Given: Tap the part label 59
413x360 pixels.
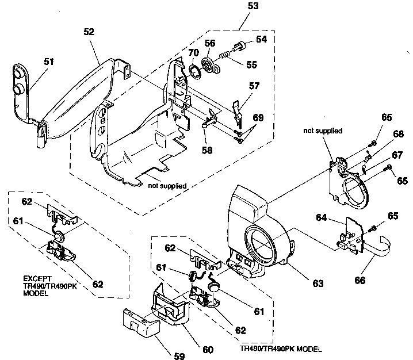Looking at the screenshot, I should tap(179, 355).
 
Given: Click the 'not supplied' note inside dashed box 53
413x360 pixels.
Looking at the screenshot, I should tap(170, 185).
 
